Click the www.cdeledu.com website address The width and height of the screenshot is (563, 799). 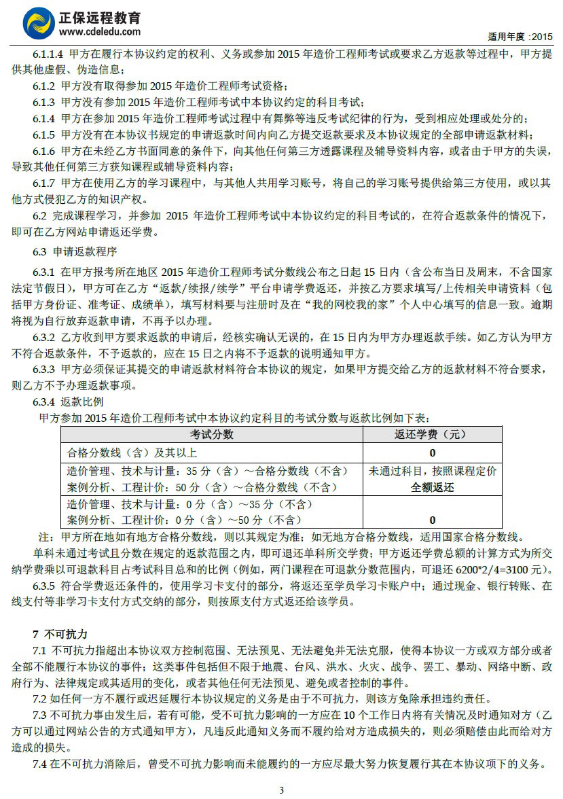100,31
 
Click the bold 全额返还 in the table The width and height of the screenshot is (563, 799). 433,487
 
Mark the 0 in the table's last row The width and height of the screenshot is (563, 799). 433,520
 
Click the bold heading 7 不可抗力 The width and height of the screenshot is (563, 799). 60,634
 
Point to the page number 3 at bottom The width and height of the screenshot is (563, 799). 281,789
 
